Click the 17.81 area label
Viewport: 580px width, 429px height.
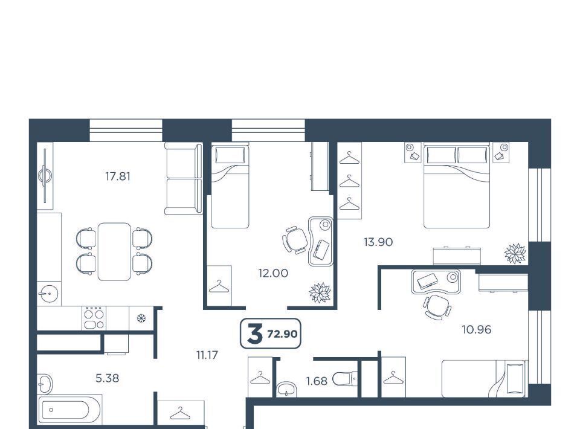[118, 176]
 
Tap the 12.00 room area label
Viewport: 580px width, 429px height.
[273, 273]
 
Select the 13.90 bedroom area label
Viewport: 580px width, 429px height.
[378, 242]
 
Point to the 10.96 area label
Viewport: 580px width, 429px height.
[477, 329]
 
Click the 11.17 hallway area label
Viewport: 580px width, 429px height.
[207, 355]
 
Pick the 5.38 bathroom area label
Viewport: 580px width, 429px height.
[108, 378]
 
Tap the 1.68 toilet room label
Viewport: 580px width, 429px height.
[317, 381]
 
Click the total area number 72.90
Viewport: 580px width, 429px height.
[283, 334]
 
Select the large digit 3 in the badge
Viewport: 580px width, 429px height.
[255, 334]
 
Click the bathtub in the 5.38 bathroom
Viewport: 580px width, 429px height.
[69, 410]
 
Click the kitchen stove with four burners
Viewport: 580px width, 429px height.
[94, 318]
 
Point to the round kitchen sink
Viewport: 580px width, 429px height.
[48, 294]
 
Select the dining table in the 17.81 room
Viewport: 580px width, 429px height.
[114, 251]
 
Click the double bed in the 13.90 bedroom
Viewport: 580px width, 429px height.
[457, 185]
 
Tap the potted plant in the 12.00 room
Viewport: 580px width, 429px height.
[320, 292]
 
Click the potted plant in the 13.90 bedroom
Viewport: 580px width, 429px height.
[515, 253]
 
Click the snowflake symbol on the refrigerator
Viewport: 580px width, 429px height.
[141, 318]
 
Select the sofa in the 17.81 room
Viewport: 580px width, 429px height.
[184, 179]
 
